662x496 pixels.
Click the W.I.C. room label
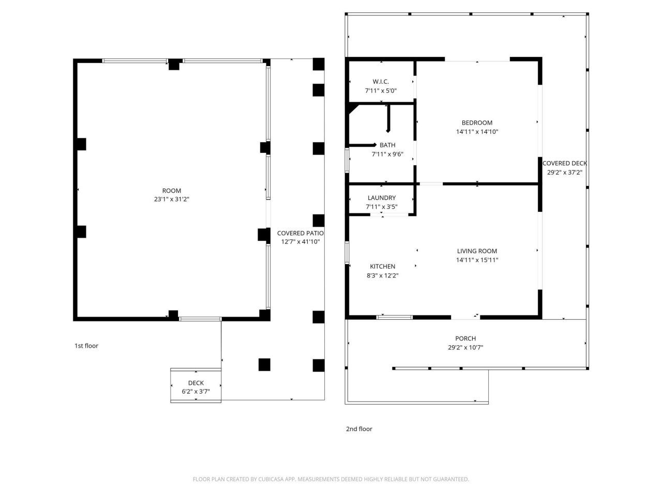[x=380, y=82]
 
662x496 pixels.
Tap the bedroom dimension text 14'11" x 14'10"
[x=477, y=132]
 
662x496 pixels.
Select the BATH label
[x=387, y=145]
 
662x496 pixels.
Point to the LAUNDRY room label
[x=382, y=198]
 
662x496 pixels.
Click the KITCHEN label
[x=382, y=267]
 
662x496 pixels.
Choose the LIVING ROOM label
[x=477, y=251]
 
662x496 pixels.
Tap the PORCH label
[x=465, y=338]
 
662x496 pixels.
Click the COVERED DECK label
[x=565, y=164]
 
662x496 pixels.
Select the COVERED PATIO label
[x=300, y=233]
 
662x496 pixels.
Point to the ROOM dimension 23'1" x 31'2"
[x=172, y=199]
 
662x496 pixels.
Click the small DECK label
[x=195, y=383]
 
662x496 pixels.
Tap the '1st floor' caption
[x=86, y=346]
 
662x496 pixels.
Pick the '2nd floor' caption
[x=359, y=429]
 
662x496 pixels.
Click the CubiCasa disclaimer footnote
[x=331, y=479]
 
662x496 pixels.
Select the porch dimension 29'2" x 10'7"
[x=465, y=348]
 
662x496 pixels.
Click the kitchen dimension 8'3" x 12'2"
[x=382, y=275]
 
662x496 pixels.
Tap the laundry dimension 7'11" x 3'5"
[x=382, y=207]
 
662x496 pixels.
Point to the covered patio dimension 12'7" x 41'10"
[x=300, y=242]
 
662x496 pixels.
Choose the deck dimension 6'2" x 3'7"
[x=195, y=392]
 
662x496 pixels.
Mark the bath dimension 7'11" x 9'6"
[x=387, y=154]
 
